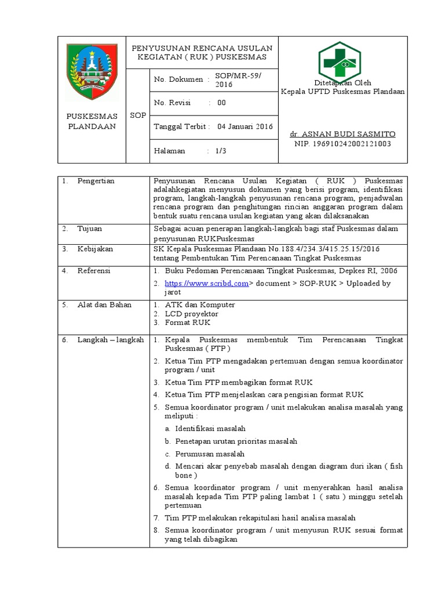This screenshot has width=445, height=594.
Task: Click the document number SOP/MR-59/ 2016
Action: (x=238, y=79)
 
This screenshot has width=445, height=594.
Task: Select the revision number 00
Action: (x=221, y=103)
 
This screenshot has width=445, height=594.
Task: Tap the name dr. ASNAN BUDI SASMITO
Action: (x=342, y=134)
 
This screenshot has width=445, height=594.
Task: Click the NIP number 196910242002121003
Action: (x=342, y=143)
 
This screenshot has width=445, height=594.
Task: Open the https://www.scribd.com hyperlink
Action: (x=207, y=283)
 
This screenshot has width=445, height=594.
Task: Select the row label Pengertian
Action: (x=96, y=181)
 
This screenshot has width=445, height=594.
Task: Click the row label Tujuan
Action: (x=90, y=229)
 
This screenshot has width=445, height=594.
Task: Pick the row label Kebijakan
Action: (x=95, y=249)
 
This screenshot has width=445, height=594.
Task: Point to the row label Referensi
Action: (x=94, y=270)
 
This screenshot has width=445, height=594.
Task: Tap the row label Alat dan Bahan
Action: (x=104, y=305)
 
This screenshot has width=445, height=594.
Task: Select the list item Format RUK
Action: (x=188, y=323)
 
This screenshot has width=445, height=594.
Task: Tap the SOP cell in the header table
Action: (x=138, y=115)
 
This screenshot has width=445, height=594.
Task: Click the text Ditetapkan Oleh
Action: (x=342, y=83)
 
